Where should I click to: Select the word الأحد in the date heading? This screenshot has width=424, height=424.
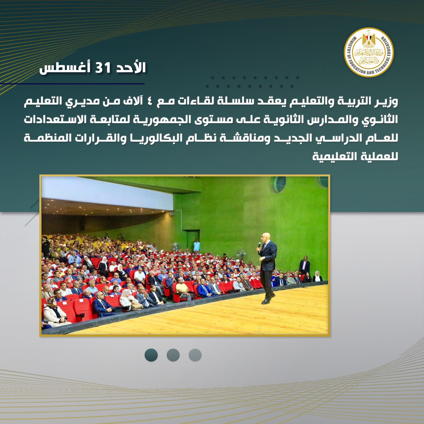click(x=130, y=68)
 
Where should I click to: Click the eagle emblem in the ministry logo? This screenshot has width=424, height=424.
click(x=369, y=40)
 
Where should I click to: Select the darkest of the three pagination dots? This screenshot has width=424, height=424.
click(x=151, y=355)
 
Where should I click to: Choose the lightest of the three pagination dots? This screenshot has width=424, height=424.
click(x=195, y=355)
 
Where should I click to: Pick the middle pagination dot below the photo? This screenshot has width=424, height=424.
click(x=173, y=355)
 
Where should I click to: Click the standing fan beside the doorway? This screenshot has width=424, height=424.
click(x=175, y=248)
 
